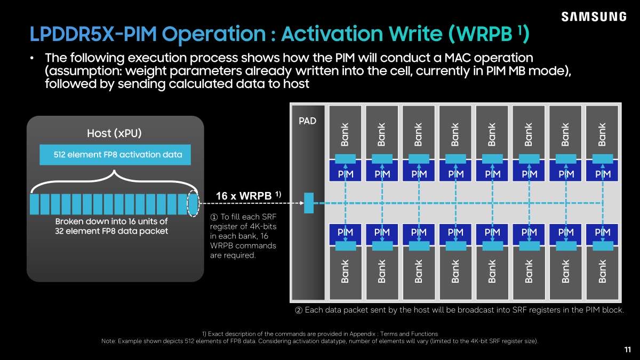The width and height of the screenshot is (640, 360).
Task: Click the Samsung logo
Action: point(594,17)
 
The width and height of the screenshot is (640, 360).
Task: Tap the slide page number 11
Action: point(627,349)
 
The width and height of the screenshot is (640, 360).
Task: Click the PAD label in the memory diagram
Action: point(307,121)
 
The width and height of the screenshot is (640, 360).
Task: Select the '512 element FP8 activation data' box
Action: point(115,155)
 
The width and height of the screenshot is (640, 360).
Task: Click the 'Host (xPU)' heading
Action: point(114,133)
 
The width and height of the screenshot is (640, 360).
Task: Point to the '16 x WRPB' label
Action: point(249,196)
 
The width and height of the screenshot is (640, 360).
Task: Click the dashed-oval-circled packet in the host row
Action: point(193,204)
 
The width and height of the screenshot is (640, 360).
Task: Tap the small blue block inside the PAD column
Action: point(309,203)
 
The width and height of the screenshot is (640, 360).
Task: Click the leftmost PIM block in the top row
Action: point(345,171)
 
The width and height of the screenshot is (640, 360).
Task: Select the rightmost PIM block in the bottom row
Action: point(602,234)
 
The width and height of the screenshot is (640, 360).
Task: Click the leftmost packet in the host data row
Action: point(34,204)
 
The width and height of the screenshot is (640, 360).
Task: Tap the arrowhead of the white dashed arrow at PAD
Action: point(302,203)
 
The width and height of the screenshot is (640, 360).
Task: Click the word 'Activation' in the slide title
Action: point(332,34)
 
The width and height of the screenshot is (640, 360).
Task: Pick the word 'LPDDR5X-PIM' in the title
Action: point(93,34)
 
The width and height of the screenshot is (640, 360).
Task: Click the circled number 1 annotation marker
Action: point(214,217)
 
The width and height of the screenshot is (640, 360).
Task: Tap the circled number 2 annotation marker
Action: point(299,310)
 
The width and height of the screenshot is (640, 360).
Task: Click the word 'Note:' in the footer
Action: point(108,341)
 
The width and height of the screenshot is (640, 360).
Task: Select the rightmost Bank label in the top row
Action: point(602,134)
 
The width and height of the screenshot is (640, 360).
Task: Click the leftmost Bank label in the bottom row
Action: point(345,271)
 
